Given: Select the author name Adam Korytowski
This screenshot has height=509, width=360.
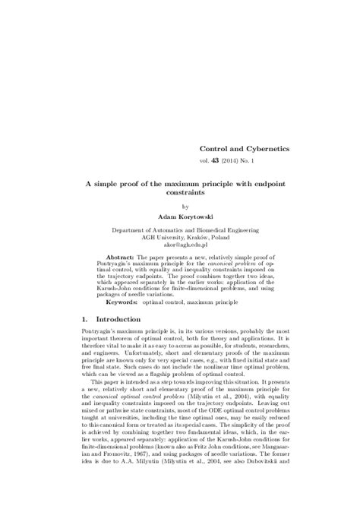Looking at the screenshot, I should coord(180,216).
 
